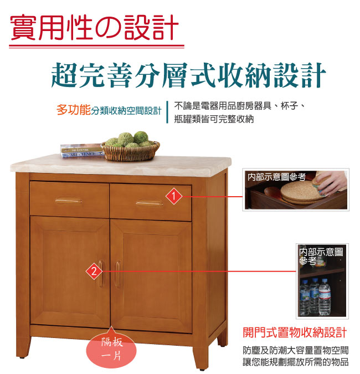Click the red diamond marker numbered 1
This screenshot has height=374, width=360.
174,196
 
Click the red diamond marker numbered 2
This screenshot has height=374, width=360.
94,271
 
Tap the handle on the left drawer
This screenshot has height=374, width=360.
69,201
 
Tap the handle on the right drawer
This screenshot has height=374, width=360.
150,203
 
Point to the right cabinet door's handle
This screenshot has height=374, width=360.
118,274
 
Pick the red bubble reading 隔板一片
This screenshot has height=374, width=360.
111,349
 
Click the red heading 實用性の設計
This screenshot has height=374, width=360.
95,28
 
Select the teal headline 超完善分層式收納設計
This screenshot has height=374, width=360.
188,75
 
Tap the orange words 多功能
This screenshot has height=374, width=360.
74,110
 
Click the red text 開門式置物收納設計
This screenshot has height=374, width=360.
295,332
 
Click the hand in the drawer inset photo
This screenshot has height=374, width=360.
332,182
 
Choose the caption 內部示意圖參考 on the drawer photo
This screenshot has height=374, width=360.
276,177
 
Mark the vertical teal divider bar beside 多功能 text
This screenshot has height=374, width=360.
167,112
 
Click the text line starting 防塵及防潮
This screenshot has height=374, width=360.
296,350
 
